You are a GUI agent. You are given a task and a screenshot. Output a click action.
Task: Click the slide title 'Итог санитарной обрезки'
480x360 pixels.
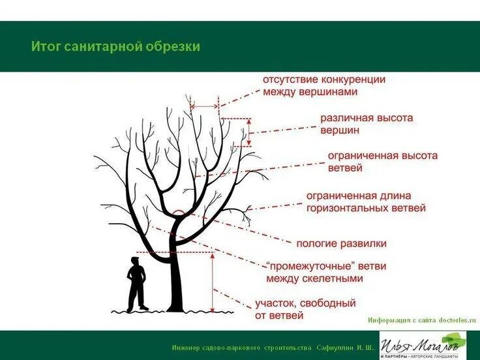click(x=115, y=47)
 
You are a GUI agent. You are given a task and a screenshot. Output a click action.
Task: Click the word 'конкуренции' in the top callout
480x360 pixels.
click(x=353, y=80)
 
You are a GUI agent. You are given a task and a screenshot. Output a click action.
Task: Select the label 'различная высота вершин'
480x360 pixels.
click(x=366, y=124)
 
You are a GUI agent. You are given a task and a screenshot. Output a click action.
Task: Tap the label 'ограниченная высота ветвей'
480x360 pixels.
click(x=382, y=162)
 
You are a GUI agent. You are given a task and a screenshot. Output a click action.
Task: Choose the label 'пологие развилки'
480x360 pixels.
click(x=341, y=243)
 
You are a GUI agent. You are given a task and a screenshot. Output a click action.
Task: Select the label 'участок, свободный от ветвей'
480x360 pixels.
click(x=305, y=309)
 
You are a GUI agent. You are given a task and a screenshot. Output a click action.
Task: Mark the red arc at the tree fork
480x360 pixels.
click(x=179, y=213)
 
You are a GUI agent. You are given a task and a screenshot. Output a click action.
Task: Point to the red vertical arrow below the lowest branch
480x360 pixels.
click(x=213, y=280)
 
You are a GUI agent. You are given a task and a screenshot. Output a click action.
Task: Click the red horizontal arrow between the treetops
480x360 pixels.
click(x=205, y=106)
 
